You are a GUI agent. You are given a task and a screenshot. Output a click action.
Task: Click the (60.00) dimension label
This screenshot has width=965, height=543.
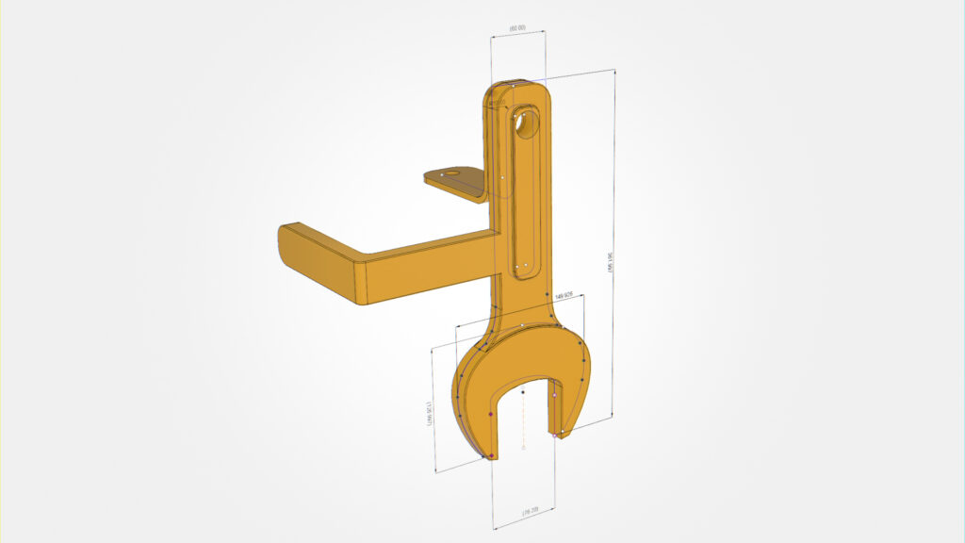click(517, 28)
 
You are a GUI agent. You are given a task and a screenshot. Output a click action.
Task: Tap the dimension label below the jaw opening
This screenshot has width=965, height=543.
click(530, 511)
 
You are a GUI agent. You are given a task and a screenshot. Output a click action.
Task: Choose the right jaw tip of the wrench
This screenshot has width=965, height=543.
click(560, 434)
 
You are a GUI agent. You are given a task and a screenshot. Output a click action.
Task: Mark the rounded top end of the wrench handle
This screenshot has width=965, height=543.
click(516, 86)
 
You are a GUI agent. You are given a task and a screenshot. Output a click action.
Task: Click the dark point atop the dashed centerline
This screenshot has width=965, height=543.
click(523, 391)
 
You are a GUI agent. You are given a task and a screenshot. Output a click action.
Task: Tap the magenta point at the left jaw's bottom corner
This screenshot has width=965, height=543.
click(491, 456)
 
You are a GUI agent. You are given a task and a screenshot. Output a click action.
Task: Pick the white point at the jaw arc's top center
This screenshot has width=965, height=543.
click(522, 325)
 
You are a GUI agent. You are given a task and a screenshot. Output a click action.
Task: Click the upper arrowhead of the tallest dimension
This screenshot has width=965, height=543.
click(615, 73)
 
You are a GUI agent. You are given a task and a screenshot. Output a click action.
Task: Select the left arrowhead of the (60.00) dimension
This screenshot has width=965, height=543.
click(493, 37)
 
